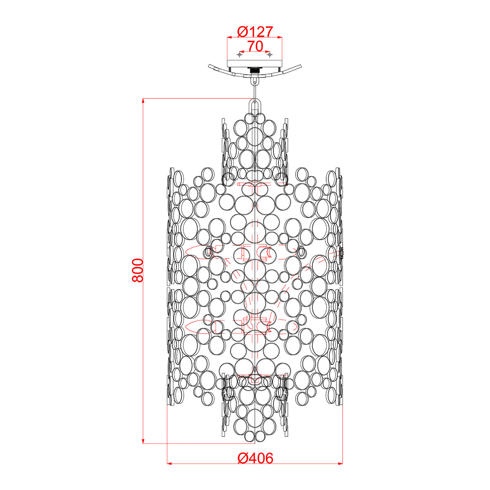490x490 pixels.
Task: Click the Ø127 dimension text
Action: [255, 31]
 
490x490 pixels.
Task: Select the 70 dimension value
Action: [255, 47]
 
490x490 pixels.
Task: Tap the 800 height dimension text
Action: [138, 270]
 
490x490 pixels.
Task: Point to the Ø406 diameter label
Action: [255, 459]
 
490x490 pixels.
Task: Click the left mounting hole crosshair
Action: [240, 54]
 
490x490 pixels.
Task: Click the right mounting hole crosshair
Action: [269, 54]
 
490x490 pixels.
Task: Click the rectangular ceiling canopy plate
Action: [255, 63]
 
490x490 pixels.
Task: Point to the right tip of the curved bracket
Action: [300, 66]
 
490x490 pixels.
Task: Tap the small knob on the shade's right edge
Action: [342, 253]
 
